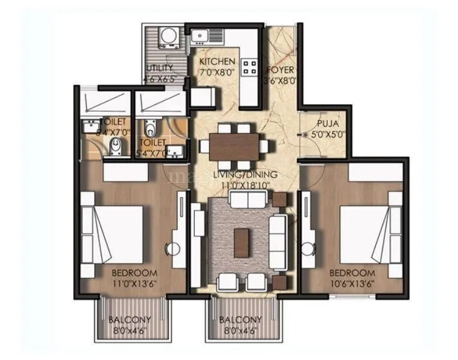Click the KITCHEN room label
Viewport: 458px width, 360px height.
click(x=216, y=61)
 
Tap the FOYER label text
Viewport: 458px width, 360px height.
click(x=280, y=68)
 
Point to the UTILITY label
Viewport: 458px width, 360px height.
click(x=159, y=68)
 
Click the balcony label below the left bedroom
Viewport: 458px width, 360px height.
click(x=129, y=319)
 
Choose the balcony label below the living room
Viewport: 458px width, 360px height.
click(x=240, y=319)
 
